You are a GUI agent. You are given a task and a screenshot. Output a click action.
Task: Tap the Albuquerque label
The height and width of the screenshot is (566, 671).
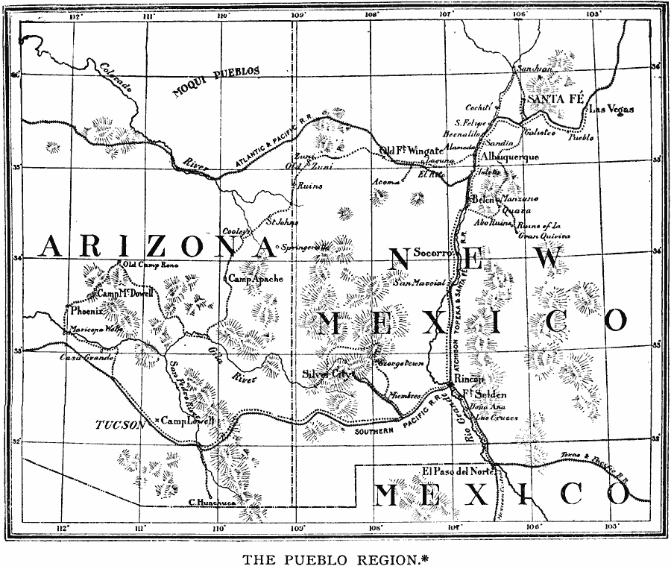pyautogui.click(x=511, y=158)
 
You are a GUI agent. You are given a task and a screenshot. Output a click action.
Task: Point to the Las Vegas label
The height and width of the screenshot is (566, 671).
pyautogui.click(x=611, y=110)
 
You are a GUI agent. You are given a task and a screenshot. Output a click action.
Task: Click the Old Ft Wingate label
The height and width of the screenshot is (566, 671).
pyautogui.click(x=411, y=151)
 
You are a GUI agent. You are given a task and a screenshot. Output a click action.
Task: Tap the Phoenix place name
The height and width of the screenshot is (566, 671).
pyautogui.click(x=86, y=311)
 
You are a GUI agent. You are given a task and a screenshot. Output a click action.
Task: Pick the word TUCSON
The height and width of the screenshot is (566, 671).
pyautogui.click(x=119, y=425)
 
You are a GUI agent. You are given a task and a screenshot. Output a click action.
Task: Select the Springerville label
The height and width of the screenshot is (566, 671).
pyautogui.click(x=304, y=247)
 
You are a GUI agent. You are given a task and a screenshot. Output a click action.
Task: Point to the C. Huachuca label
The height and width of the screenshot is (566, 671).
pyautogui.click(x=212, y=503)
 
